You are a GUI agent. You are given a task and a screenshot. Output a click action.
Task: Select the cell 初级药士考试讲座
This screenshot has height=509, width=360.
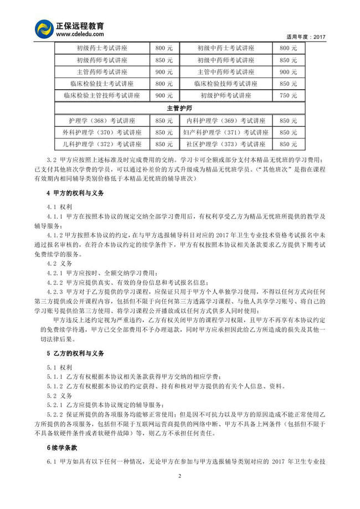[x=101, y=48]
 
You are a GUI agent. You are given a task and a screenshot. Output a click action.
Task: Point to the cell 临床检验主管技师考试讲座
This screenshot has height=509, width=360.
[x=101, y=95]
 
